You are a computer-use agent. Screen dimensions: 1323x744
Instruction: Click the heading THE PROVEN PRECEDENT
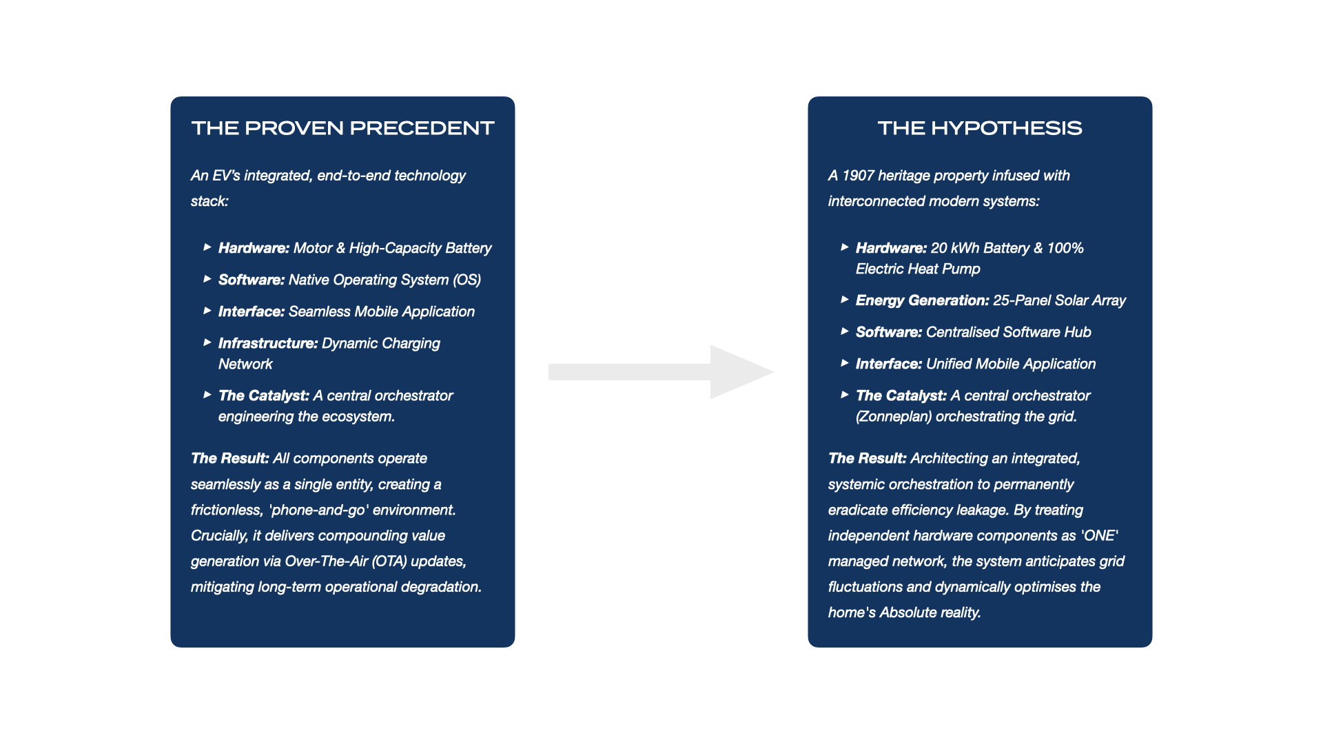[342, 128]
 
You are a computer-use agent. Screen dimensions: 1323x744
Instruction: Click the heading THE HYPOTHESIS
[979, 128]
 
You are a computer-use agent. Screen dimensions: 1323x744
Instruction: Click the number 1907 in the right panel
[858, 176]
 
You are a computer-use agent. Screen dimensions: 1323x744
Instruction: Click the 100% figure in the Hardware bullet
[1065, 248]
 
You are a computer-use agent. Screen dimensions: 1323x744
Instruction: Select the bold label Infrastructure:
[268, 343]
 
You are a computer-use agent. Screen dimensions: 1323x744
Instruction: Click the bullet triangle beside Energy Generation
[844, 300]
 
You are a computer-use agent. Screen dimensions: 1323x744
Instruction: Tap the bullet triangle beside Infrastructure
[207, 342]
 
